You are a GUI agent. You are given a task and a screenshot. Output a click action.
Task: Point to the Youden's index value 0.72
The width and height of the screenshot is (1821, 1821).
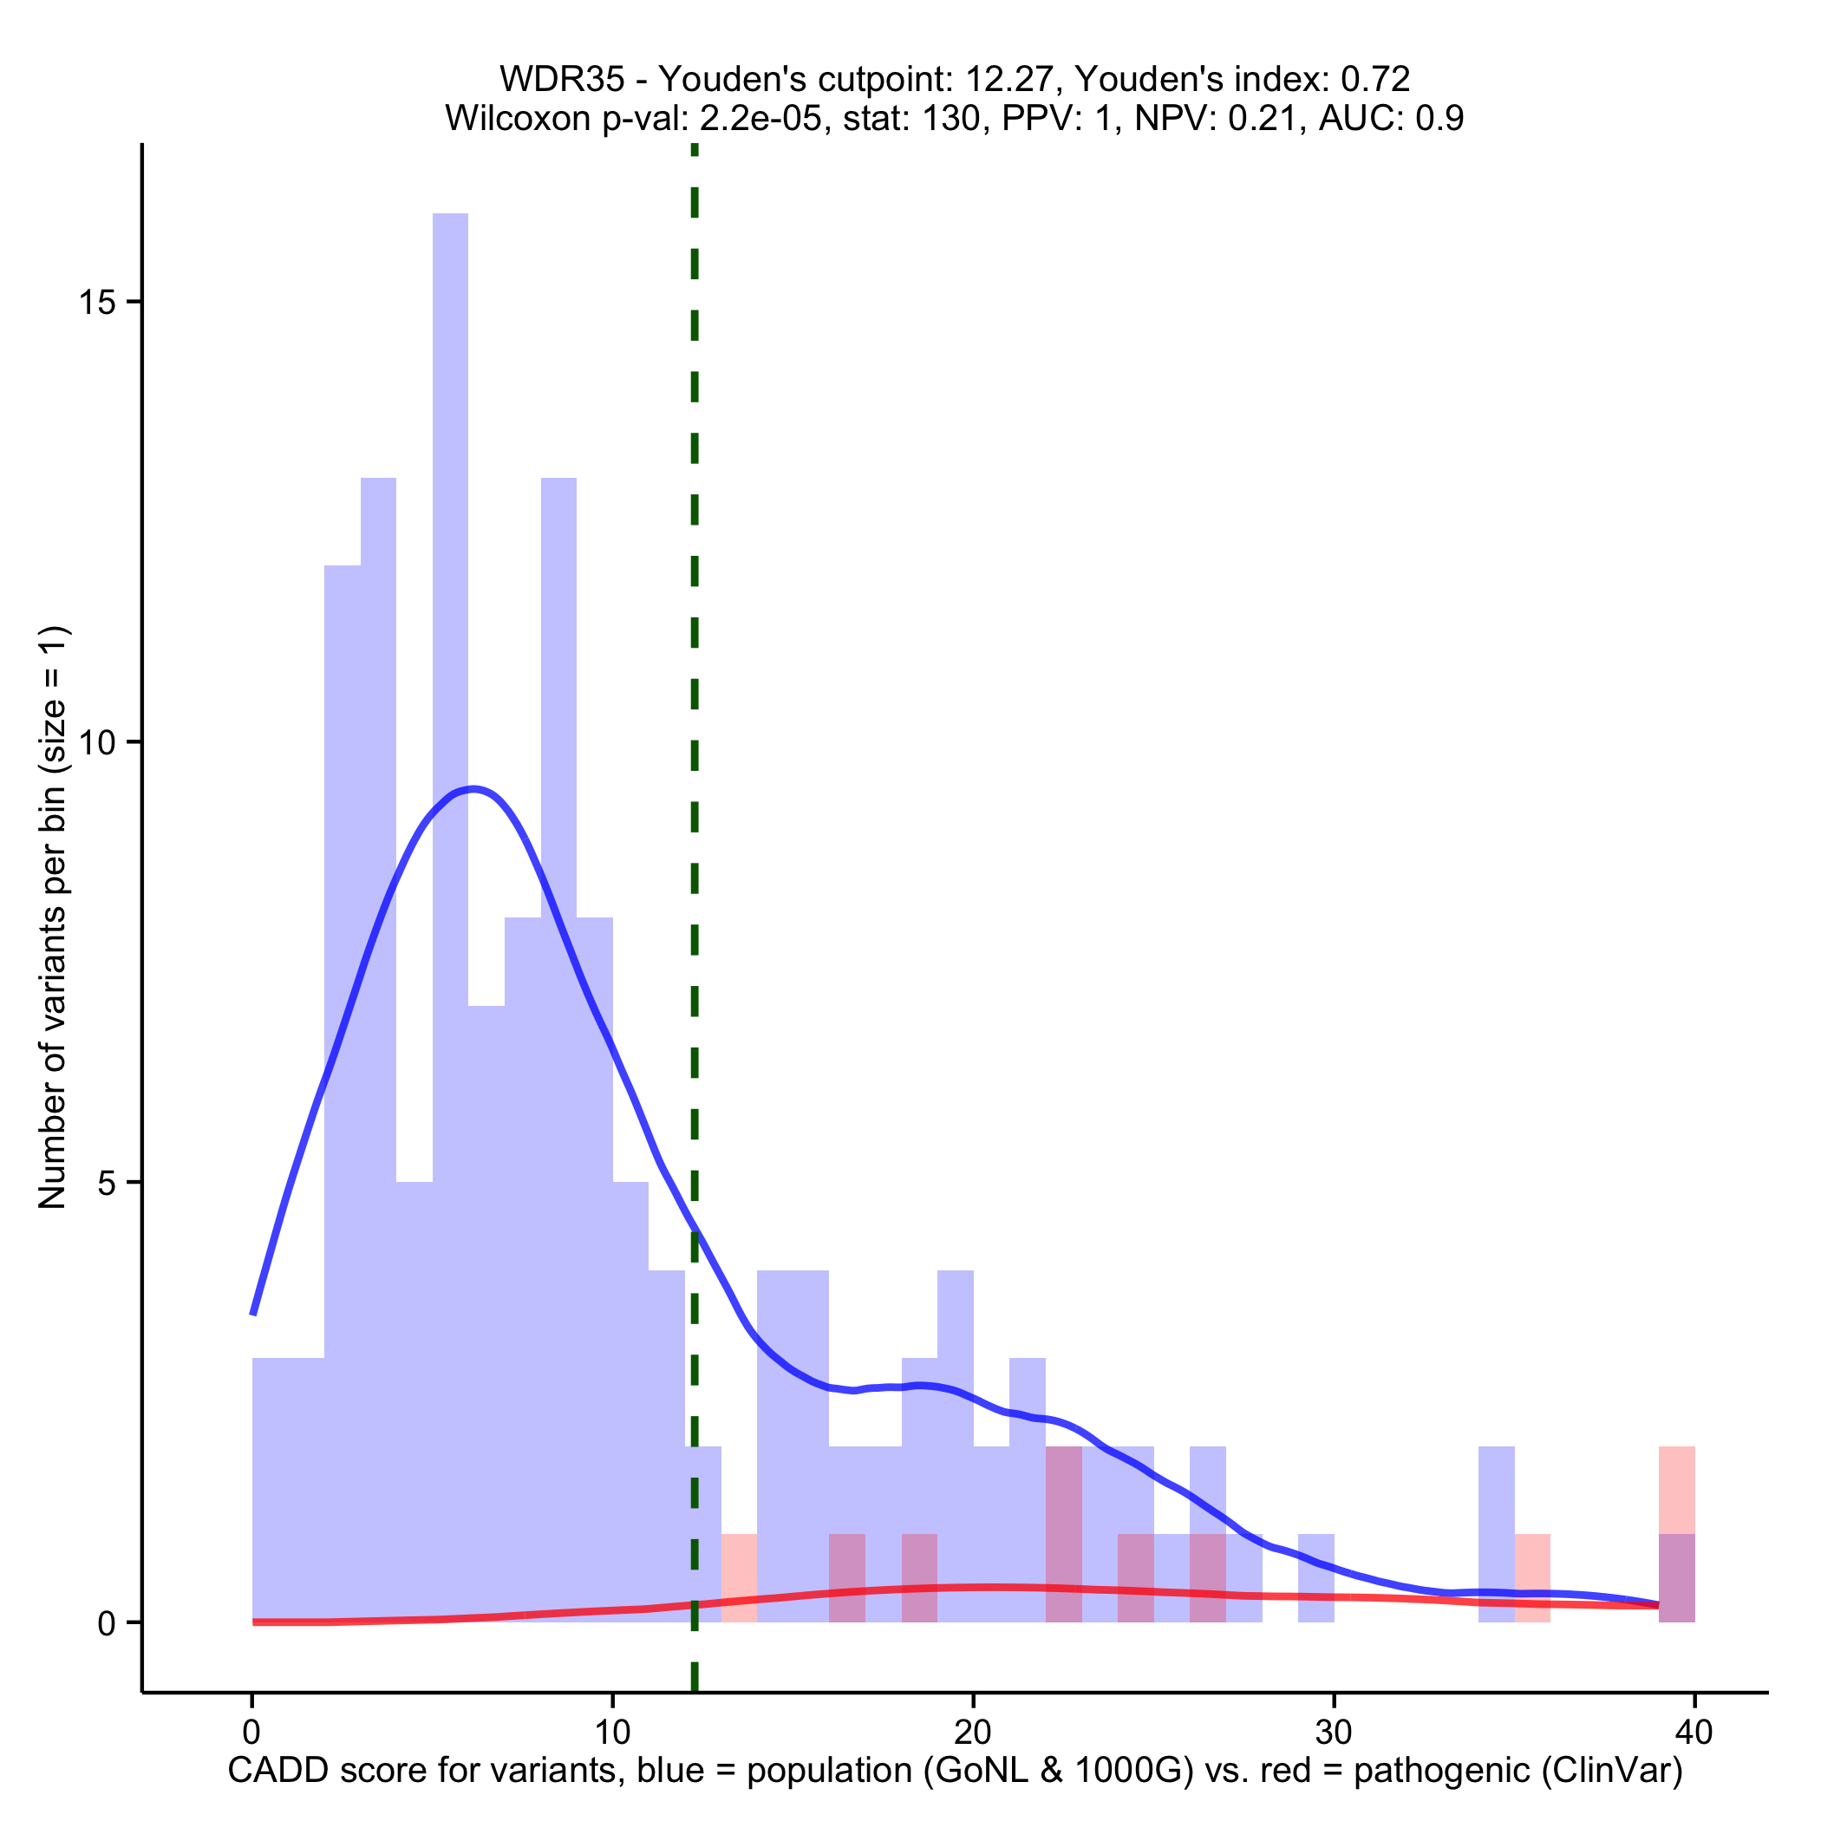(x=1375, y=79)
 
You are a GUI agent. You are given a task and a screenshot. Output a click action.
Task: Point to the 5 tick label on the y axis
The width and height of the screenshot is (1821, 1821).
(x=107, y=1183)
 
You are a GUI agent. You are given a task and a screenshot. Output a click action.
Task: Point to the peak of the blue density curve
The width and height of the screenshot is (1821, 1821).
(x=474, y=789)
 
